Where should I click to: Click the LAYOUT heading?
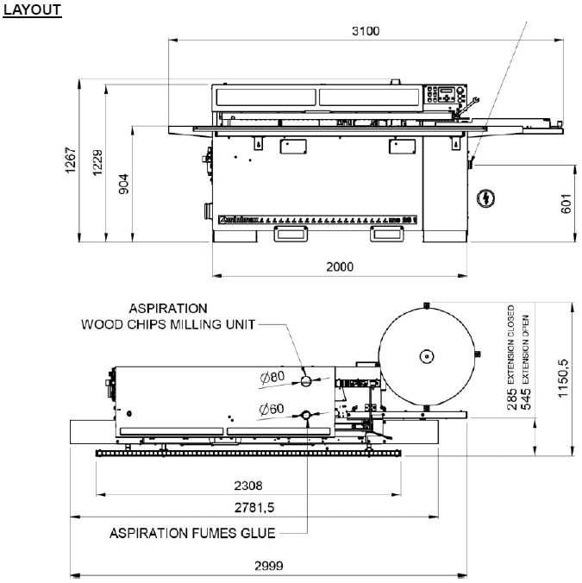coord(33,9)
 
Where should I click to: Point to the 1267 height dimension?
coord(72,161)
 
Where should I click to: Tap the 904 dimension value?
coord(124,185)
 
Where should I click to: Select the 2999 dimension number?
coord(271,567)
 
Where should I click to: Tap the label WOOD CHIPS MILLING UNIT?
coord(168,325)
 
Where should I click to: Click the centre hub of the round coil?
coord(425,355)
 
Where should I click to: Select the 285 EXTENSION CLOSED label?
coord(512,356)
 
